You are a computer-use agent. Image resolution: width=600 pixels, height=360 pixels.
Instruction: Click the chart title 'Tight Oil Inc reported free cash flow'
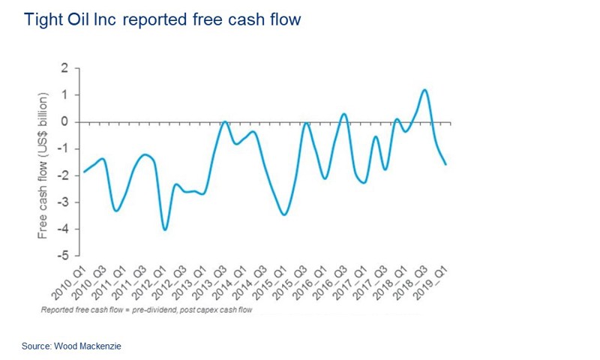(163, 19)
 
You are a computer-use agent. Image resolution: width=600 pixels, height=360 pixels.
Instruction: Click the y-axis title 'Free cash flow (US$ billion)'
(44, 166)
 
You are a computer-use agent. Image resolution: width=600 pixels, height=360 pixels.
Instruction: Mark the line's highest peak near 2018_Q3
(424, 90)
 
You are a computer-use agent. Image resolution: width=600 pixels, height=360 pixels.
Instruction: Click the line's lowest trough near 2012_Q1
(165, 229)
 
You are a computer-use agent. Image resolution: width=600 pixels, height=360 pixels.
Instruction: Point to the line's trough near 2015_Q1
(283, 214)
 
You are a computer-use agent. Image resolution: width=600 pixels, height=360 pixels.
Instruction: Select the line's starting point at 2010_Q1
(82, 172)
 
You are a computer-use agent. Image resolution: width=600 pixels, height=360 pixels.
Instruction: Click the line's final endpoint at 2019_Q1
(446, 164)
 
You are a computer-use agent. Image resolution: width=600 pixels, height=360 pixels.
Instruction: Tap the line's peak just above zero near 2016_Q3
(344, 114)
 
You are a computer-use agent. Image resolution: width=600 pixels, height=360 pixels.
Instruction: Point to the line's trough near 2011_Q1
(116, 211)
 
